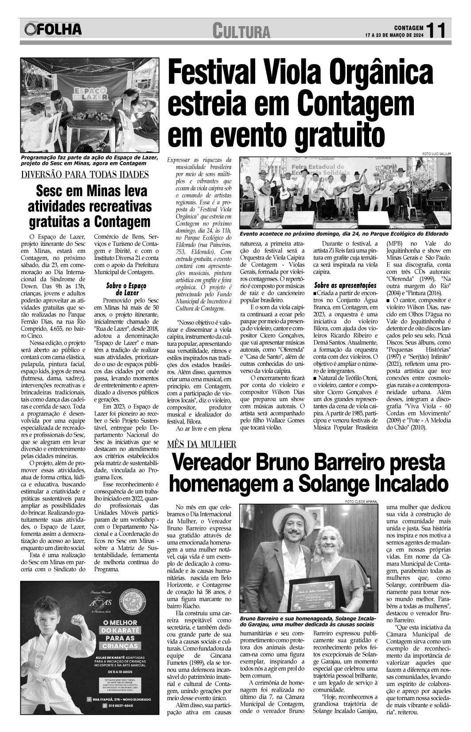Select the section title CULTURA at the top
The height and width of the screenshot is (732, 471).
coord(241,31)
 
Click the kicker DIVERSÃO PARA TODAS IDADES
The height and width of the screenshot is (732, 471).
coord(85,174)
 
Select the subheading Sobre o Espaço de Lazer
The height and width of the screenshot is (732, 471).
coord(121,289)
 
